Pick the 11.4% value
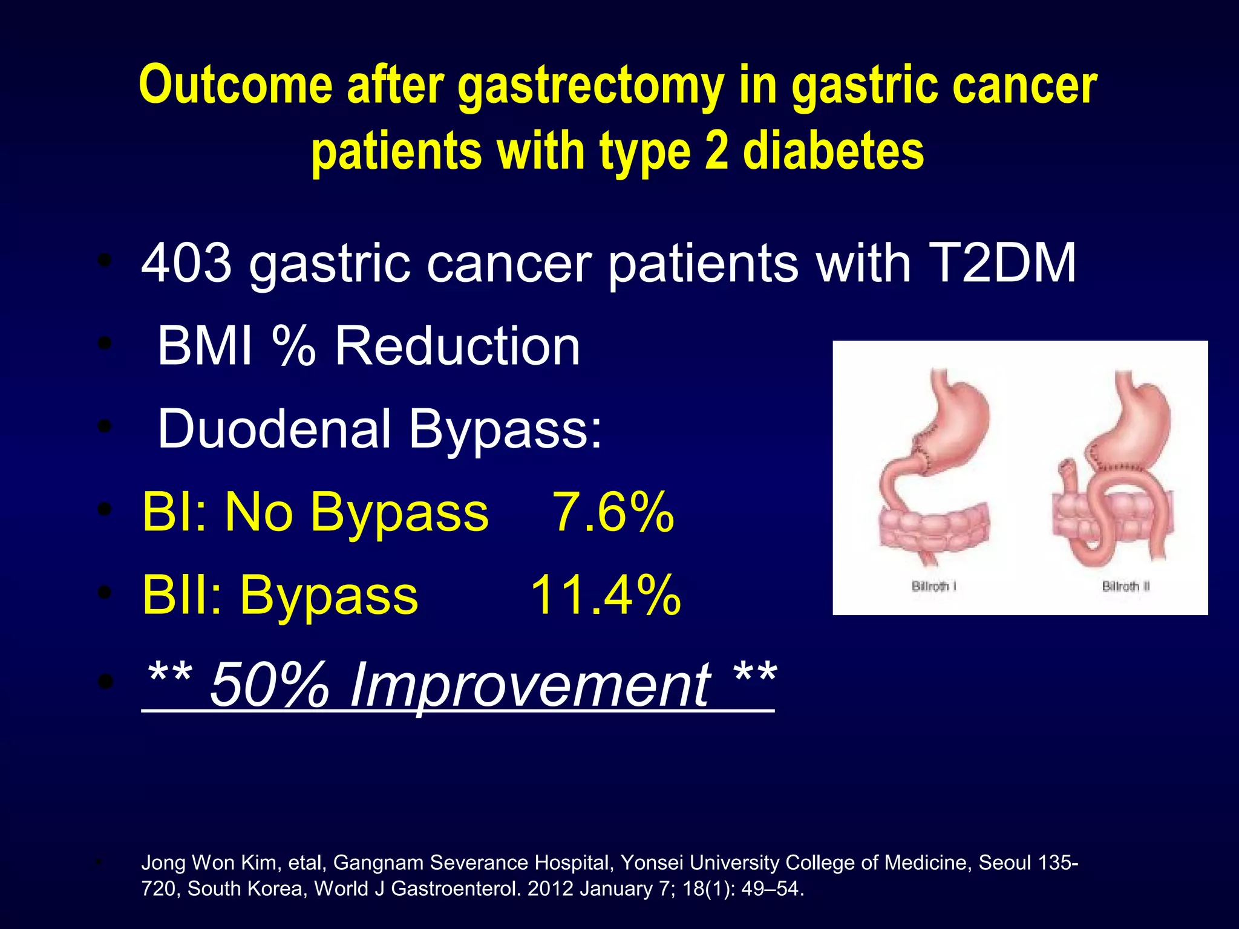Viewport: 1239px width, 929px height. tap(606, 595)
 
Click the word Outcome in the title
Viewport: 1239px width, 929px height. tap(236, 85)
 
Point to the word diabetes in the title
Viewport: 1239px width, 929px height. tap(833, 151)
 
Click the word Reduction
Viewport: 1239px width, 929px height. tap(457, 346)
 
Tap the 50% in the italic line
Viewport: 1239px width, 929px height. tap(269, 685)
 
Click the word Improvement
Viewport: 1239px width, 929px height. tap(530, 685)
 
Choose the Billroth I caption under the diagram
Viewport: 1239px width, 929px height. tap(933, 586)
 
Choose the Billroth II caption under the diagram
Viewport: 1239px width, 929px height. tap(1125, 586)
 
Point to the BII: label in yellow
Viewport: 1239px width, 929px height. tap(182, 595)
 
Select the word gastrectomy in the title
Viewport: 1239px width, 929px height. tap(590, 85)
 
